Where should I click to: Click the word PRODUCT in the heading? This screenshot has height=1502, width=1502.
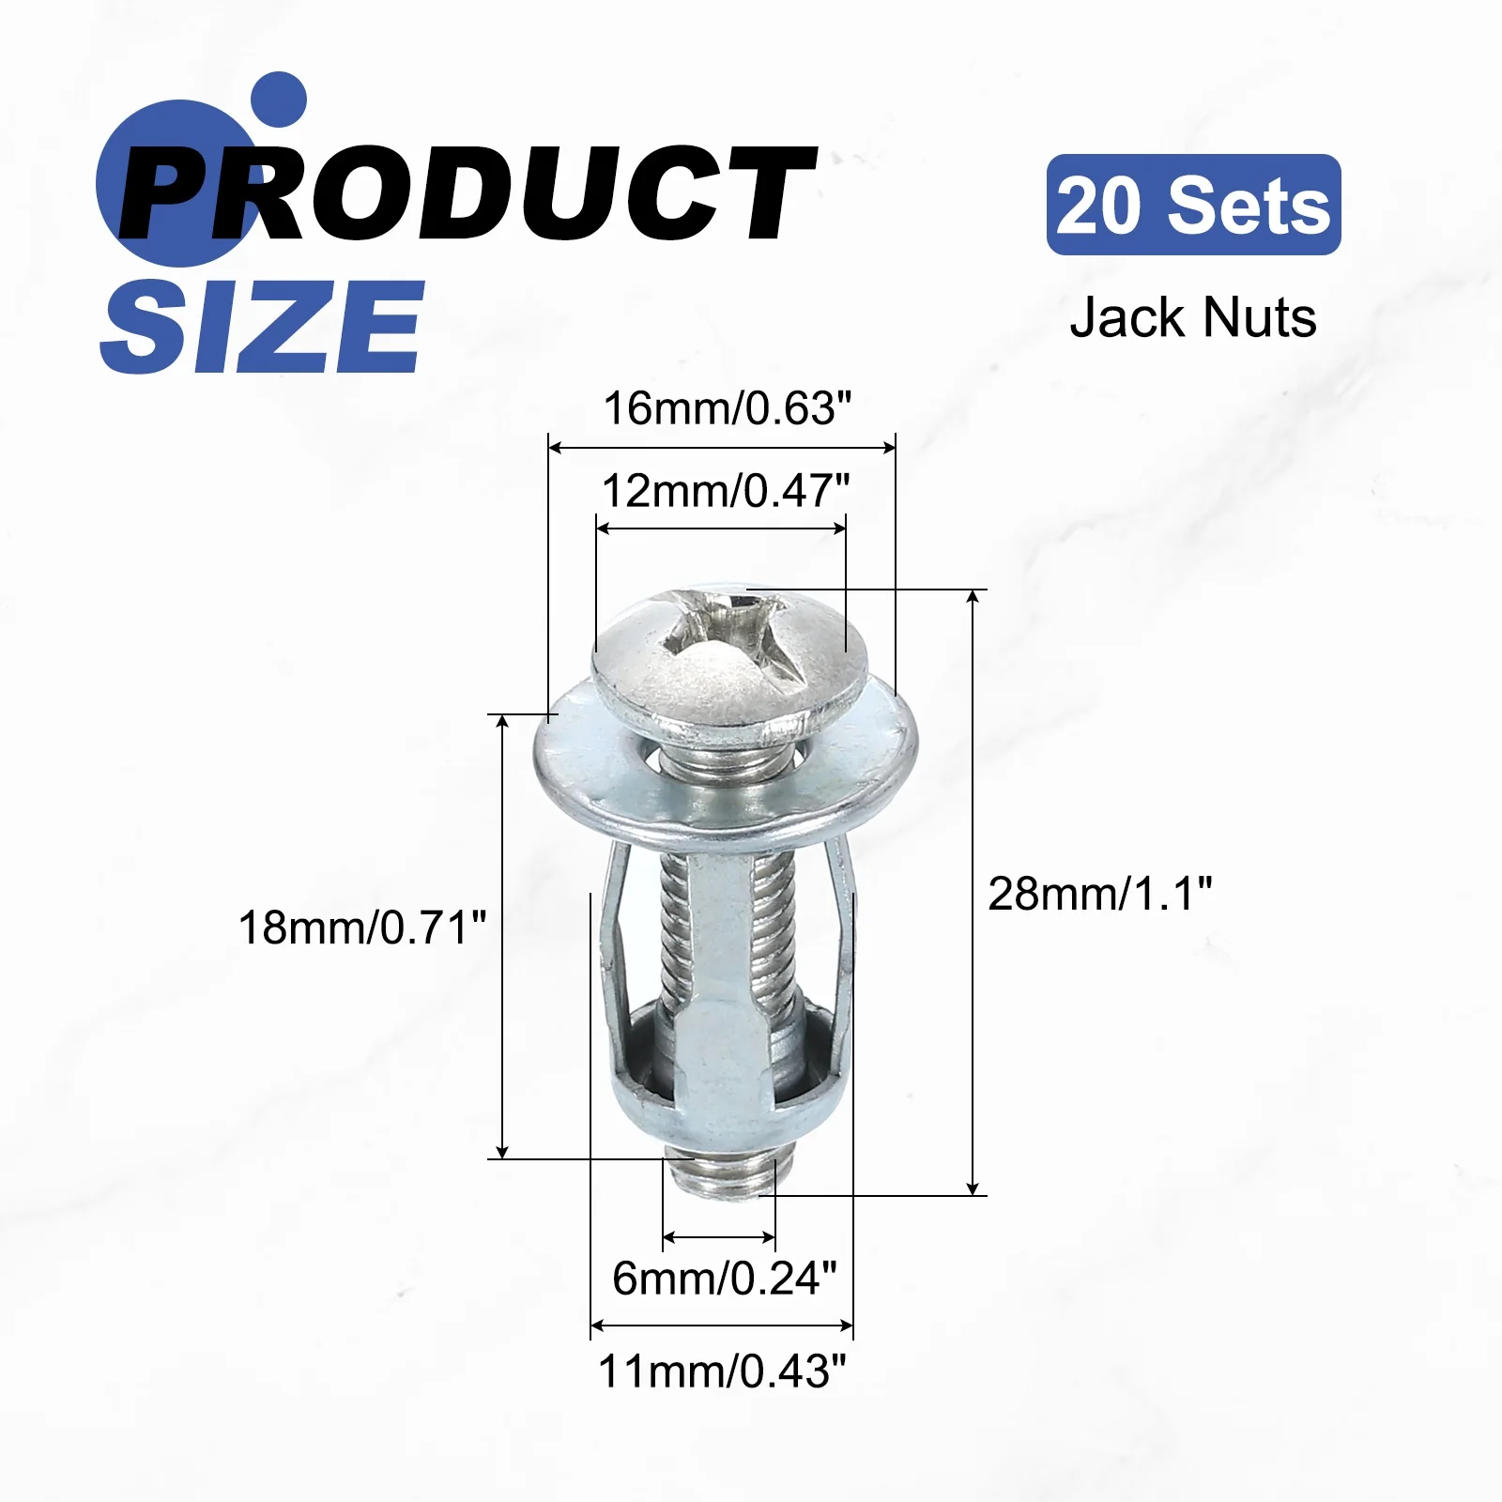(467, 193)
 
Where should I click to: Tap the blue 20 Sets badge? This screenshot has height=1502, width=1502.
(1193, 205)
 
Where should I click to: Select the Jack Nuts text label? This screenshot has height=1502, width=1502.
(1193, 317)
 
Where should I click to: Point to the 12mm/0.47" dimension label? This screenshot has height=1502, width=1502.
(725, 490)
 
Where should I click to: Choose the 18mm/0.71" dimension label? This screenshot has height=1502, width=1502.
(362, 927)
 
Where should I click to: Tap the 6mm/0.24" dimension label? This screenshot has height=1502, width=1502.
(724, 1278)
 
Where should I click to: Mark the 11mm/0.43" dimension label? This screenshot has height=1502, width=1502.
(722, 1372)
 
